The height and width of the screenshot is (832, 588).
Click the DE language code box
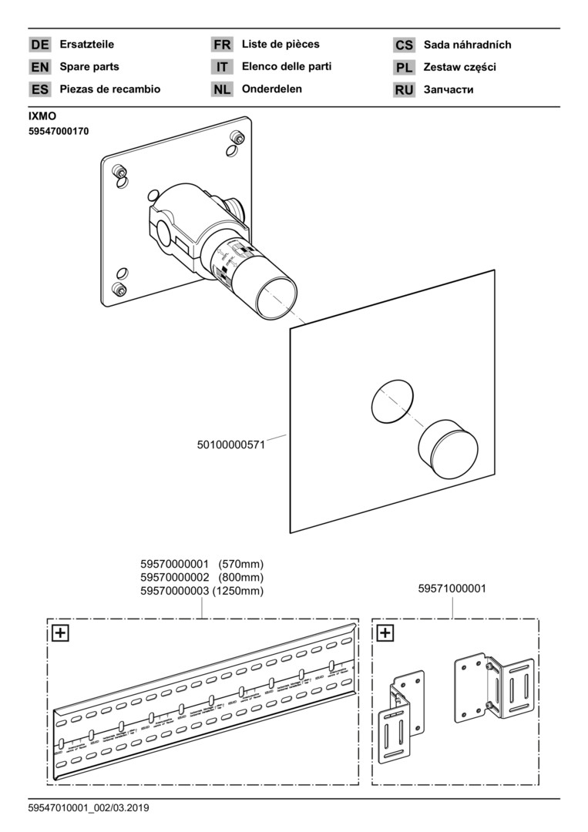40,45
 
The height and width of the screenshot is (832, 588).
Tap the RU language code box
404,89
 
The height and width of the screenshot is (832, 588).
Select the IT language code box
222,67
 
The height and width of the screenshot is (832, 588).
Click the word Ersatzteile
86,45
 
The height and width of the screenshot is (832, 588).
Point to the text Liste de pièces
281,44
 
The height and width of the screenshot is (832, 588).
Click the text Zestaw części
460,67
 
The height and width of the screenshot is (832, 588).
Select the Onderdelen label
272,89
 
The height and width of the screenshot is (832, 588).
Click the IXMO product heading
43,117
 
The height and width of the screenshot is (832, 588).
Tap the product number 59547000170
59,132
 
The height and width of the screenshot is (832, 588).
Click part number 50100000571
231,445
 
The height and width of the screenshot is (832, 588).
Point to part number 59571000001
452,589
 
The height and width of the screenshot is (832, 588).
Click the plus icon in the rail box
59,633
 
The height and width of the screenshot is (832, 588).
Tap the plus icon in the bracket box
385,633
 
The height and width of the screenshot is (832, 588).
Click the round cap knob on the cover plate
448,448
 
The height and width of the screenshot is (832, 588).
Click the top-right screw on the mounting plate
237,139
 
